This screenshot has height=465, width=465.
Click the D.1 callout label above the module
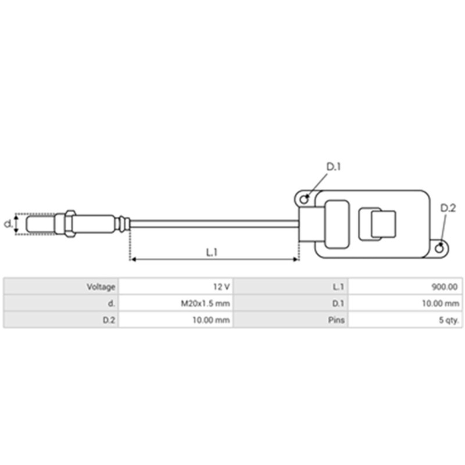(333, 167)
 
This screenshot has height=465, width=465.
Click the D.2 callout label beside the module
(448, 208)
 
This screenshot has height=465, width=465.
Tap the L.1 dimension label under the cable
(212, 252)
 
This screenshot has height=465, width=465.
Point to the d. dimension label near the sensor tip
(8, 224)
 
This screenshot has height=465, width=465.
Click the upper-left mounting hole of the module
(304, 199)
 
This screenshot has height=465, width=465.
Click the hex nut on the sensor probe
(69, 224)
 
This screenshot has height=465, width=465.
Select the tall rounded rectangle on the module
(337, 224)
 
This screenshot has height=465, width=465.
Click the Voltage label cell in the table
(101, 287)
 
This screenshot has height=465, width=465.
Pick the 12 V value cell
(221, 287)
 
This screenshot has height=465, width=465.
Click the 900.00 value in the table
(445, 287)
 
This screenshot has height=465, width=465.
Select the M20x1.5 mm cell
(209, 303)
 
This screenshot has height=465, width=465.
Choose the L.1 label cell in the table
(338, 287)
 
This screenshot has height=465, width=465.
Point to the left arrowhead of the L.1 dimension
(133, 259)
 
